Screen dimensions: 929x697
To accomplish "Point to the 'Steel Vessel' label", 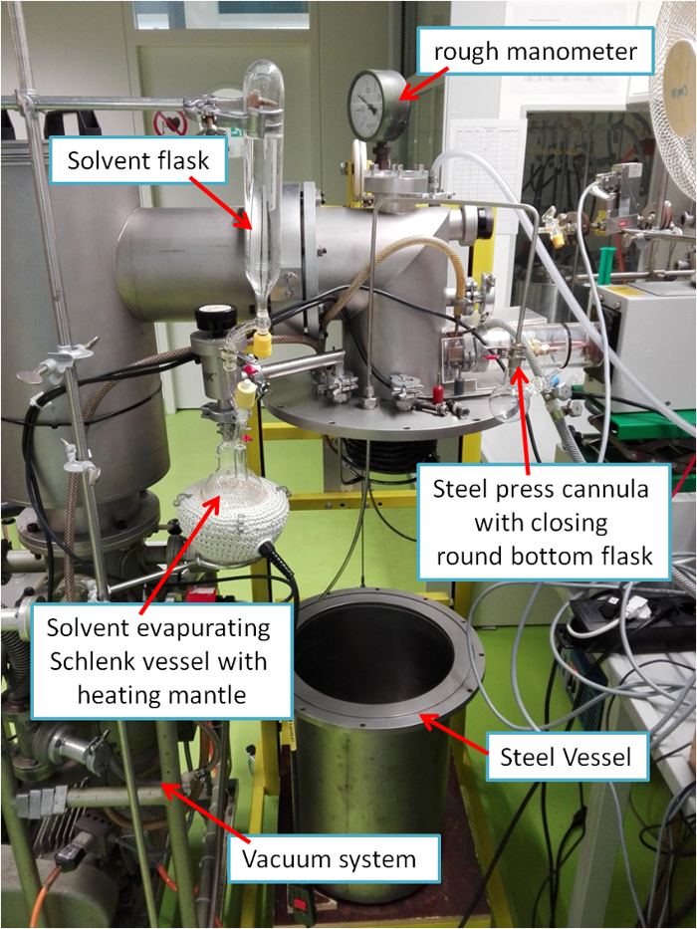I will point(565,757).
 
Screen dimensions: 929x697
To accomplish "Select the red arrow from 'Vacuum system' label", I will point(200,816).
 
